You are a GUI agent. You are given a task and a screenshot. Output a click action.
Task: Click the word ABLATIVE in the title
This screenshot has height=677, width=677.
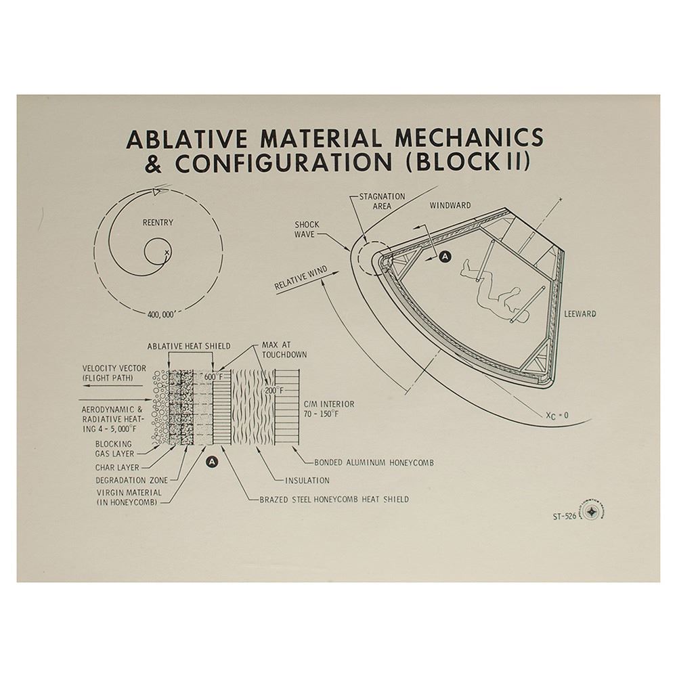[187, 139]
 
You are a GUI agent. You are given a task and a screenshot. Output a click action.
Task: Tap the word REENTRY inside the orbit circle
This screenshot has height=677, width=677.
[158, 222]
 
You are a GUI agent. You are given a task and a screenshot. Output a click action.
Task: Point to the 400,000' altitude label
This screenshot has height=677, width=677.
[161, 314]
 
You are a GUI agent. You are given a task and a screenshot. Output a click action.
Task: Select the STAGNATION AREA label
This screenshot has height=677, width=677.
[382, 201]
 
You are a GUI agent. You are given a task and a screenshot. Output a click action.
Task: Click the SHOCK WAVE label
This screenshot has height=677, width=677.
[307, 230]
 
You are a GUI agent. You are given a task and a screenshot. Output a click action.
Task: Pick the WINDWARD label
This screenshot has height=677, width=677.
[450, 206]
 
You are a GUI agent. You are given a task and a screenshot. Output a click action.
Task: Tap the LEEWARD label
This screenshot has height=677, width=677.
[580, 314]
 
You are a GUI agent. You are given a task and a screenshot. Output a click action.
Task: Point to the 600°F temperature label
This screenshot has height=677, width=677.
[214, 377]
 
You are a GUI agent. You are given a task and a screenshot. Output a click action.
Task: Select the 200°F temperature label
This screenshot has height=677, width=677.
[275, 391]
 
